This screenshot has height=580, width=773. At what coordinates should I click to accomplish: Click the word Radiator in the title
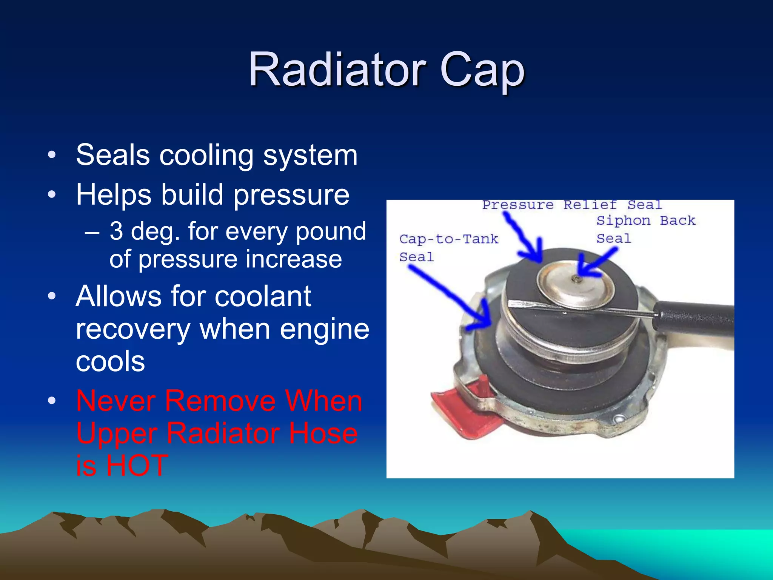click(337, 70)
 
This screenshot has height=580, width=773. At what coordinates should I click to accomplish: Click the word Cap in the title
click(482, 71)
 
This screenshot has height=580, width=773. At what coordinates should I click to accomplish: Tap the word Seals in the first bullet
click(112, 155)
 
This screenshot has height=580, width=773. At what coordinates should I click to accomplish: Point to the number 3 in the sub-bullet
click(116, 231)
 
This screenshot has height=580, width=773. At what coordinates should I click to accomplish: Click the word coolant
click(263, 296)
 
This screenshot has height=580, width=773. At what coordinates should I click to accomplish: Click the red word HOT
click(137, 465)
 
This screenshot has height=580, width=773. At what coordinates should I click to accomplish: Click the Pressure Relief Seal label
click(572, 205)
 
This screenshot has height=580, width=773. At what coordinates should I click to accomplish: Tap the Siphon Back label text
click(645, 221)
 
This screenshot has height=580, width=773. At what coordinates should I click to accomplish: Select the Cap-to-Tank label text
click(448, 239)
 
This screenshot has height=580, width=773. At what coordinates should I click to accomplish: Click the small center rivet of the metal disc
click(576, 279)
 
